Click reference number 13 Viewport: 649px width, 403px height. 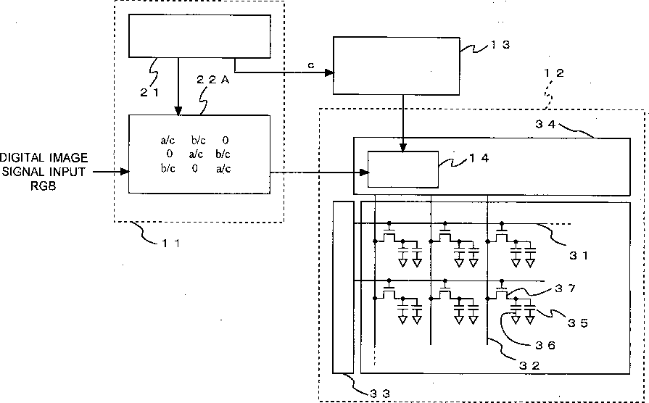(x=500, y=45)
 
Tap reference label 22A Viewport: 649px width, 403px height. (x=212, y=80)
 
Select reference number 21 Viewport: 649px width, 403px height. (x=149, y=93)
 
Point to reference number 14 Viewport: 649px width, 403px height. (x=479, y=157)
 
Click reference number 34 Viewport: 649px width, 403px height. (x=545, y=124)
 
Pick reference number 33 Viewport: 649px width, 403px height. (x=380, y=394)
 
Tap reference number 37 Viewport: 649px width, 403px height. (x=566, y=288)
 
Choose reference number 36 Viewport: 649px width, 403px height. (x=545, y=345)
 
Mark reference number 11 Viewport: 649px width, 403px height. (x=170, y=244)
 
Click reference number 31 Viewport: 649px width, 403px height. (x=579, y=256)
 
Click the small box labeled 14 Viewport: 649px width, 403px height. (x=403, y=170)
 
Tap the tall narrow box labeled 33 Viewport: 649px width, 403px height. (x=344, y=287)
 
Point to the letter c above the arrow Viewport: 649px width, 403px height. (x=311, y=65)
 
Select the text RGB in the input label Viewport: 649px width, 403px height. (x=43, y=186)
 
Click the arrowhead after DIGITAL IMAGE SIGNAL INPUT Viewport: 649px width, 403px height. (x=125, y=171)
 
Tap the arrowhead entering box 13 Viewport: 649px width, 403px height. (x=329, y=72)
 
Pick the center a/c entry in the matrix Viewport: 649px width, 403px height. (x=196, y=154)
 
